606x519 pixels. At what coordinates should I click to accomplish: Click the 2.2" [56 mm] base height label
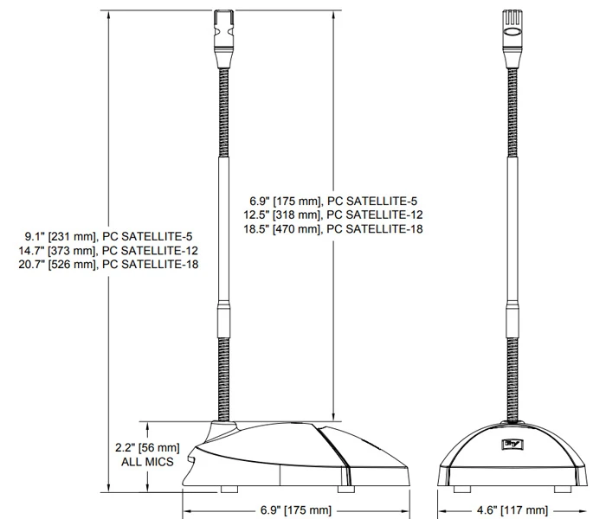point(147,448)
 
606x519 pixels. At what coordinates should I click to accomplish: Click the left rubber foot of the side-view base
point(229,489)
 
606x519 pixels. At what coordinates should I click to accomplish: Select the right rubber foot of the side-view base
point(345,489)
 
